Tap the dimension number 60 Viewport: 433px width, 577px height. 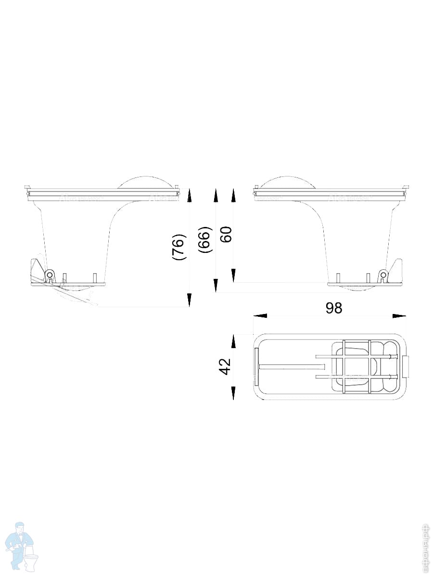tap(226, 234)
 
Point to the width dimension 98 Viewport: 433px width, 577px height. tap(333, 308)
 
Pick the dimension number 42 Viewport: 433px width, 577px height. tap(225, 367)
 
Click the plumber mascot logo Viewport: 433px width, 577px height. tap(22, 546)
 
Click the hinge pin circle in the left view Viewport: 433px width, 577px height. tap(49, 275)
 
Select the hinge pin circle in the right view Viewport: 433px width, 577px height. tap(383, 275)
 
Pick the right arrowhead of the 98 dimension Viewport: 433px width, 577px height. tap(399, 316)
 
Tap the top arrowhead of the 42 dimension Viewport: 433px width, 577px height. tap(233, 341)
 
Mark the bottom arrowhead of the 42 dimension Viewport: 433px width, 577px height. tap(233, 393)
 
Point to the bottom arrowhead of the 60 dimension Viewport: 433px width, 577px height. tap(233, 276)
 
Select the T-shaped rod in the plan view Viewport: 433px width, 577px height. tap(289, 367)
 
